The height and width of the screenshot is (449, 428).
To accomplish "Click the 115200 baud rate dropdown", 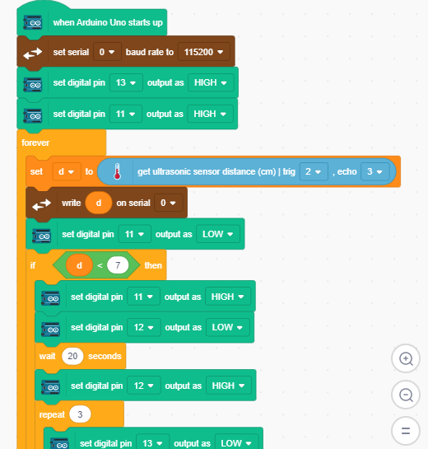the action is tap(203, 52).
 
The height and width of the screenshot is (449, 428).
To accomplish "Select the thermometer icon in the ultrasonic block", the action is tap(117, 171).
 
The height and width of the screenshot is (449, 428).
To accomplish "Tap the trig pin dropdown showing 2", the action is tap(314, 171).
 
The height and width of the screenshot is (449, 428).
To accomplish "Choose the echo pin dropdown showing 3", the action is tap(374, 171).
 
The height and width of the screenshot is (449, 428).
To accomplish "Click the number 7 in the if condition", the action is tap(118, 265).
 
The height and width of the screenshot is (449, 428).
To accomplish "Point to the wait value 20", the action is tap(72, 356).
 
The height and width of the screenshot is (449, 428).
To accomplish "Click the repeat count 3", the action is tap(80, 414).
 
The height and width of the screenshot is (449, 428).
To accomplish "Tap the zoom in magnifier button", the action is tap(406, 358).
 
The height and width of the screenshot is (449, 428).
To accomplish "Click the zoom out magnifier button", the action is tap(406, 395).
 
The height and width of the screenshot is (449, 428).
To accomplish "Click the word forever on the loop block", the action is tap(35, 143).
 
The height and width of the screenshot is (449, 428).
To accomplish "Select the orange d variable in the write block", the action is tap(99, 203).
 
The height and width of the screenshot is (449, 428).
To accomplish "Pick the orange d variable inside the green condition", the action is tap(79, 265).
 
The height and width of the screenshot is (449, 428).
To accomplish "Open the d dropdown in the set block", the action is tap(67, 171).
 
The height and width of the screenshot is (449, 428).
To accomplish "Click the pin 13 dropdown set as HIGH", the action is tap(126, 82).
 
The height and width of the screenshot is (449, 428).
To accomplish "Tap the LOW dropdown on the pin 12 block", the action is tap(228, 327).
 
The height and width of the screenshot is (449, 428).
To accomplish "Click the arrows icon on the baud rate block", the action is tap(33, 53).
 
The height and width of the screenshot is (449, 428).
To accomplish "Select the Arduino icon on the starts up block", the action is tap(33, 22).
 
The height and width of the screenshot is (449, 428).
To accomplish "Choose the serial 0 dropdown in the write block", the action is tap(168, 203).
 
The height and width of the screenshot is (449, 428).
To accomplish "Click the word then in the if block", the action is tap(153, 265).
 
